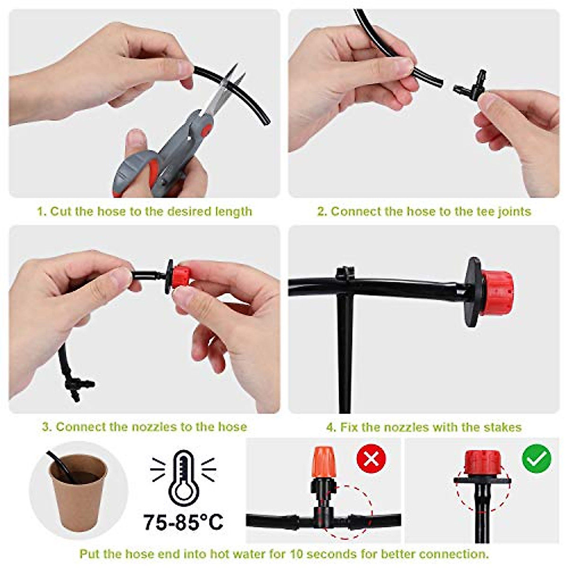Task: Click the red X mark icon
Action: click(371, 458)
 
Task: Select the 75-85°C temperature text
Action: click(183, 522)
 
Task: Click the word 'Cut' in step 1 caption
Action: click(60, 211)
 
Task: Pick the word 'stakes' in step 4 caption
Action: click(503, 427)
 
